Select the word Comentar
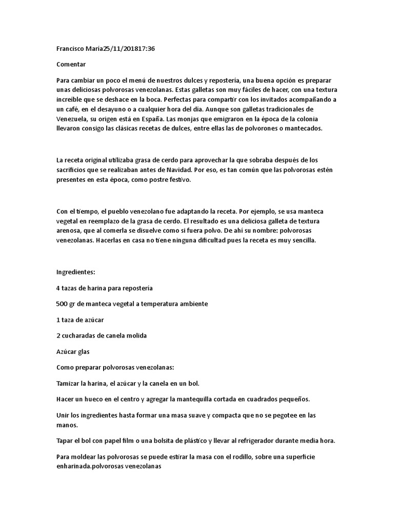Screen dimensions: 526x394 (x=71, y=65)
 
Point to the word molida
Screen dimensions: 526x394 (x=135, y=335)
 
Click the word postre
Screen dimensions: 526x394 (x=156, y=180)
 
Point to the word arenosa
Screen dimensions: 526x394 (x=69, y=232)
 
